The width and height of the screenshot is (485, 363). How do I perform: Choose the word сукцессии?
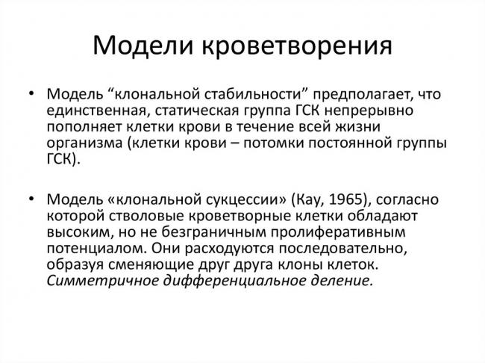pos(227,200)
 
